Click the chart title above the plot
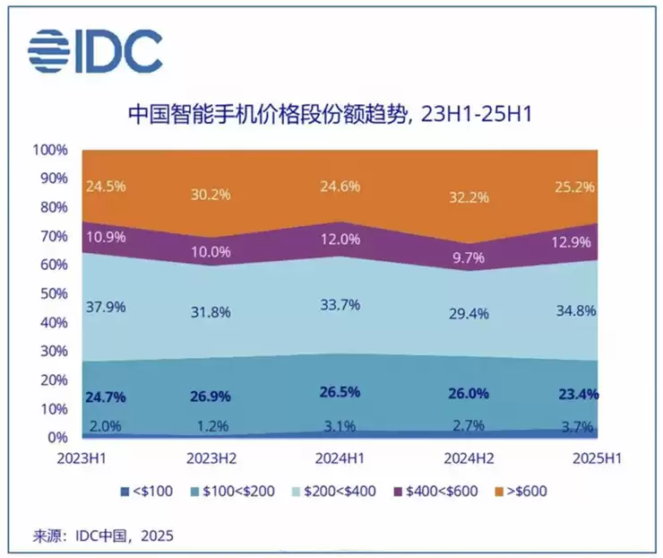click(x=331, y=114)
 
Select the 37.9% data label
click(x=106, y=306)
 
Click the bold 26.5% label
click(x=339, y=391)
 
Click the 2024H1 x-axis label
click(x=339, y=458)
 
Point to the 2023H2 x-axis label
click(x=211, y=458)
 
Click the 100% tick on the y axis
click(x=49, y=149)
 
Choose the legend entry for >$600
click(x=517, y=491)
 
